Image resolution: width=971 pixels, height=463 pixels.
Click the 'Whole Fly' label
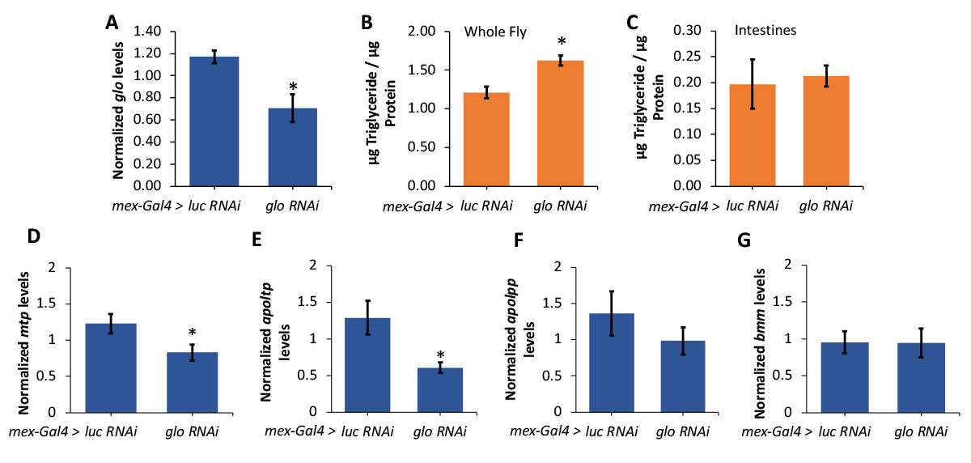[495, 32]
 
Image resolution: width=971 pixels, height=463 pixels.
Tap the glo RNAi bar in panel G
[922, 377]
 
